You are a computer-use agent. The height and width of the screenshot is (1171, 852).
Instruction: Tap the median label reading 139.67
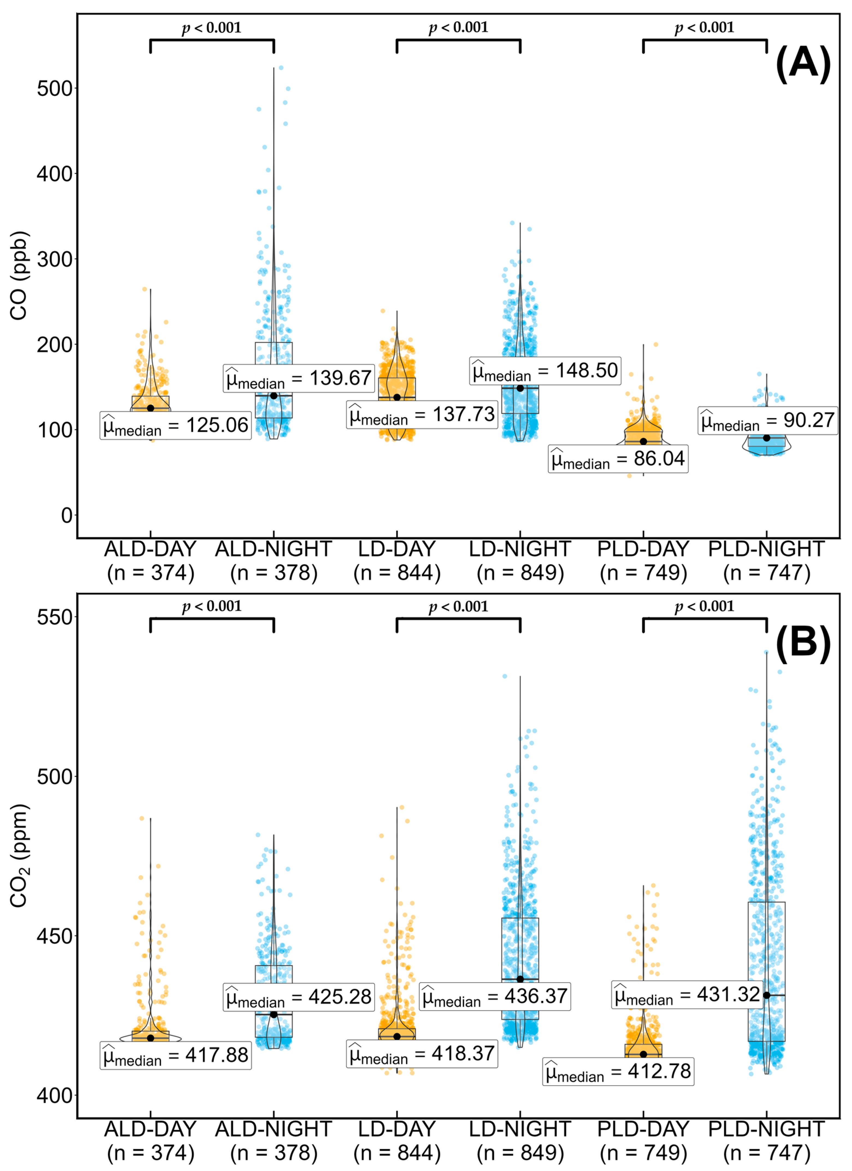click(x=299, y=378)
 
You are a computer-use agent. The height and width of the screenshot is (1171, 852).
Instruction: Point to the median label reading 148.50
click(x=545, y=371)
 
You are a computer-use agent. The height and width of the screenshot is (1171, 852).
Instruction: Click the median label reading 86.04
click(x=618, y=459)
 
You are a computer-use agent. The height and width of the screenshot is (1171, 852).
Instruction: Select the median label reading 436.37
click(x=494, y=996)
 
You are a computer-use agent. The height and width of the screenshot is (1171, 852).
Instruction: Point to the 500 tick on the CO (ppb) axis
click(x=54, y=88)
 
